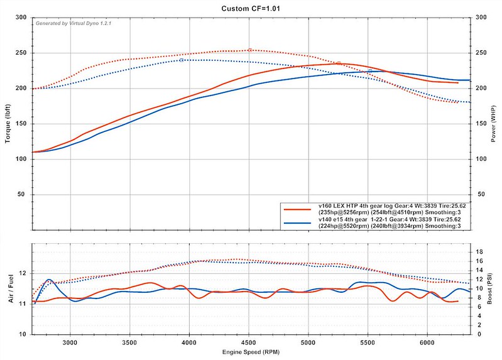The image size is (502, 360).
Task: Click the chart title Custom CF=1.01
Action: click(x=251, y=8)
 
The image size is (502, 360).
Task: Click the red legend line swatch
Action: click(x=298, y=209)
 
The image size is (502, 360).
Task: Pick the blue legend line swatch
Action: click(x=298, y=222)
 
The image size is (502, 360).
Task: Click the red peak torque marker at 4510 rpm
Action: click(x=250, y=50)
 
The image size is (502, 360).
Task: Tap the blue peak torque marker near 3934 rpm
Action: click(x=181, y=60)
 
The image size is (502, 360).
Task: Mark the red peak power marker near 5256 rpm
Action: click(x=339, y=63)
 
